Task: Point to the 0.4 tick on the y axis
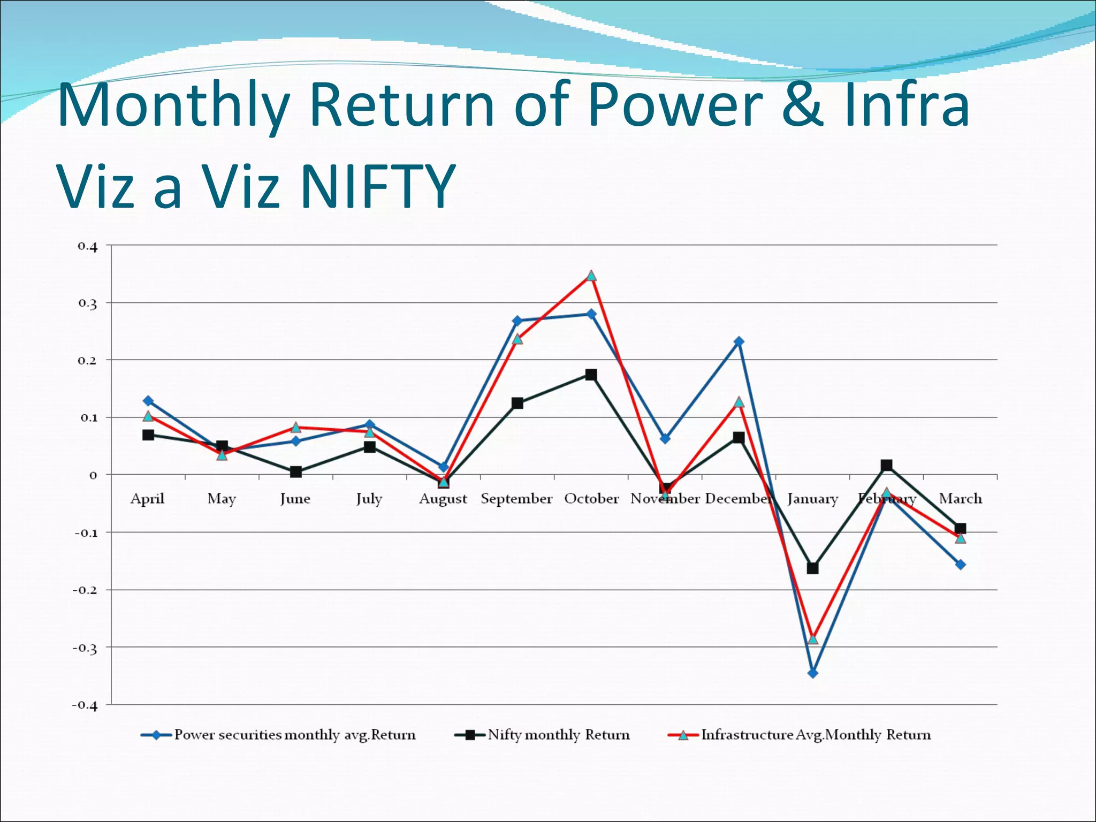coord(88,246)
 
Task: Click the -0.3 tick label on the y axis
coord(86,648)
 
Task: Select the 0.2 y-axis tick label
coord(88,361)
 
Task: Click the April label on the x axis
coord(148,499)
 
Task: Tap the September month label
coord(516,499)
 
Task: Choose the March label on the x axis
coord(960,499)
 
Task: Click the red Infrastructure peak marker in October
coord(591,276)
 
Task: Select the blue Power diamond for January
coord(812,673)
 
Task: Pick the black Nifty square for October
coord(591,375)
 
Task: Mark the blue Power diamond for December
coord(739,341)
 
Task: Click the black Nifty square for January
coord(812,568)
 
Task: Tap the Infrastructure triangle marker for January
coord(812,639)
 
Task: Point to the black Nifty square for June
coord(295,472)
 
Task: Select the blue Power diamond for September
coord(517,321)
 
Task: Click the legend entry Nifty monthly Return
coord(558,735)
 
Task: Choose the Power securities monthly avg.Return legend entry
coord(294,735)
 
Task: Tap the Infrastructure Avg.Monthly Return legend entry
coord(816,735)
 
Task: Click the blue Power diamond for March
coord(960,565)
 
